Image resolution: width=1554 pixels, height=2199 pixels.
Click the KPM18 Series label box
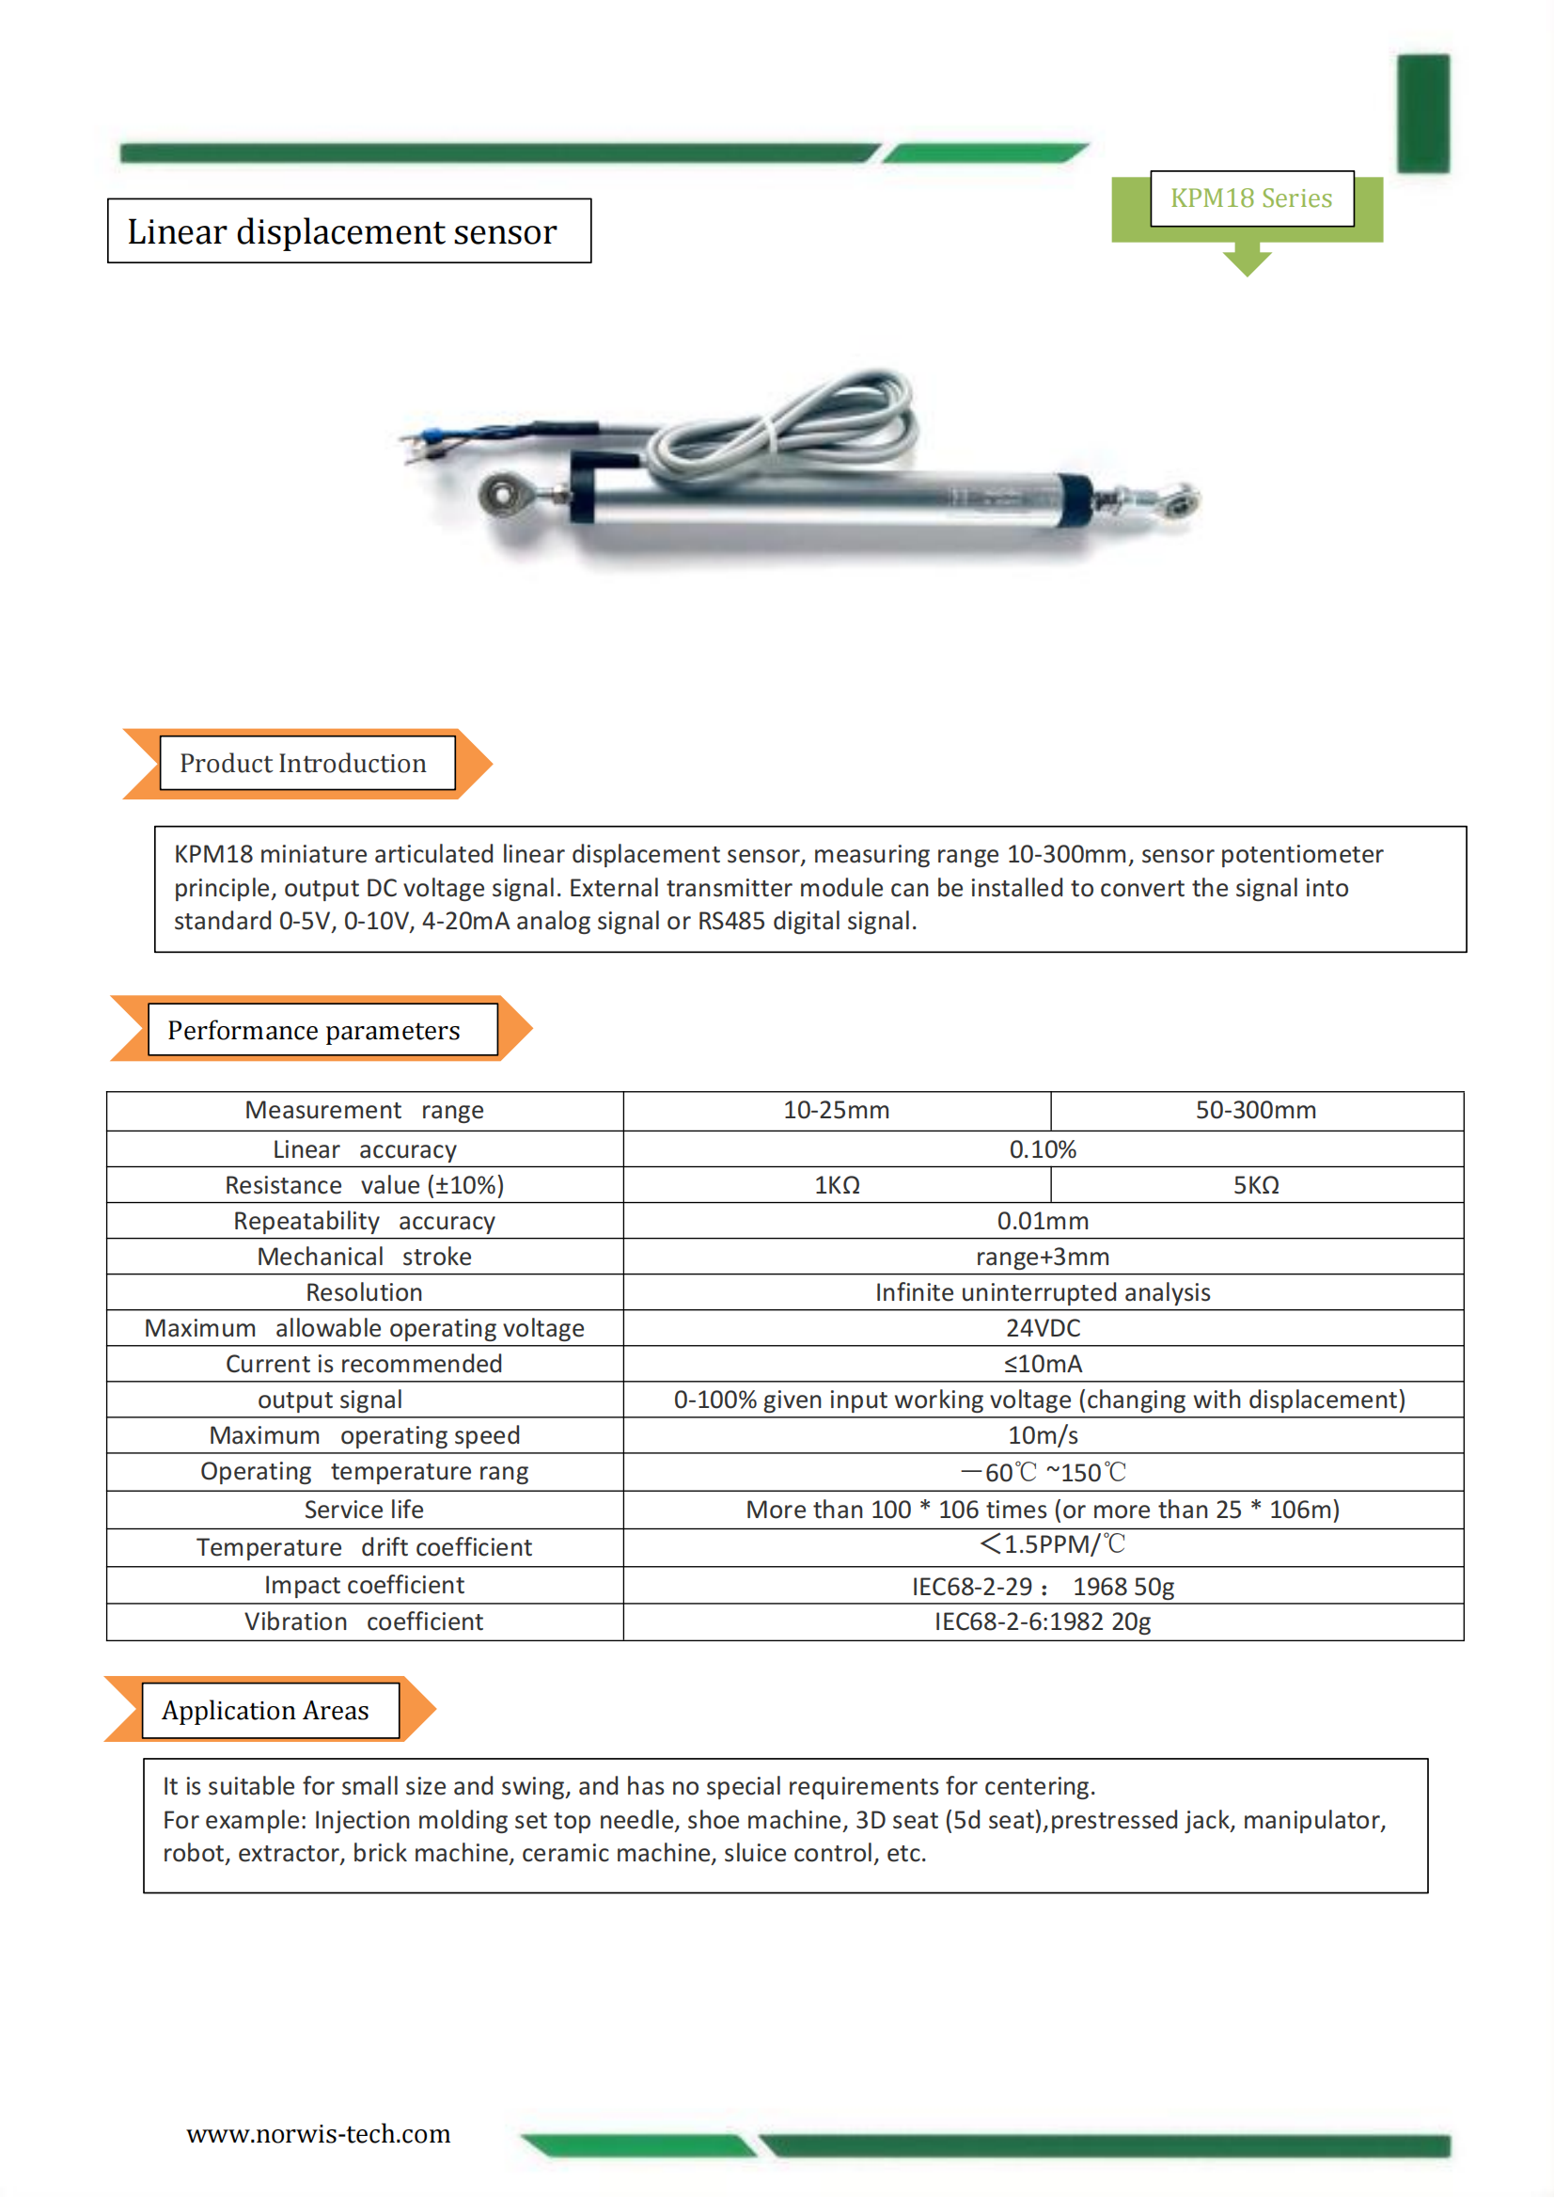1250,198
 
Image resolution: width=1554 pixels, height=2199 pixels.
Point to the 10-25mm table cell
836,1110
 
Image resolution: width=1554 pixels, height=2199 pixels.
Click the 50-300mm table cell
1255,1110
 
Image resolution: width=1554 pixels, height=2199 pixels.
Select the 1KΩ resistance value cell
836,1185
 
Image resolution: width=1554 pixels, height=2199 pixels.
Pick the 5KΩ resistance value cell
1255,1185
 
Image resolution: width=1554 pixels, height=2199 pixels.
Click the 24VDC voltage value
1043,1328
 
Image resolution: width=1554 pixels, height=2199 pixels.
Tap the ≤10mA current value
1043,1364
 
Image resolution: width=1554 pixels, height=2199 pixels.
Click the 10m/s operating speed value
1043,1435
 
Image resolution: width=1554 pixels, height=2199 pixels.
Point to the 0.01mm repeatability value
1043,1221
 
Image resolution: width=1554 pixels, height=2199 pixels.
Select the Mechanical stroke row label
364,1257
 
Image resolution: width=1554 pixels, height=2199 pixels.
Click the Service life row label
364,1510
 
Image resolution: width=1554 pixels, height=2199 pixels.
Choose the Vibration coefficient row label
364,1622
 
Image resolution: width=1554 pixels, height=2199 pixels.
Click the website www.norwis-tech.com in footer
318,2134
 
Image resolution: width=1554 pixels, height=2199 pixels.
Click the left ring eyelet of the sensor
501,494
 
